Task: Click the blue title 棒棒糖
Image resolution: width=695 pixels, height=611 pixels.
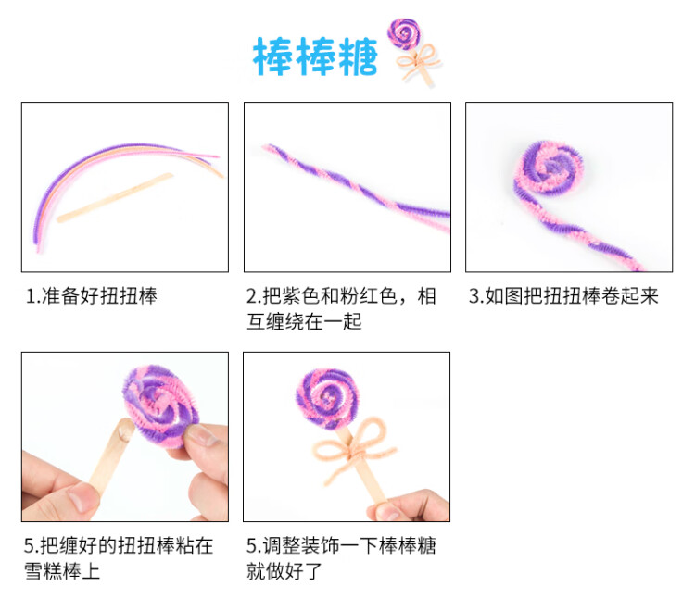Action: coord(315,57)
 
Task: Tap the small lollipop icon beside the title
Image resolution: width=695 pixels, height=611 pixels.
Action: coord(404,34)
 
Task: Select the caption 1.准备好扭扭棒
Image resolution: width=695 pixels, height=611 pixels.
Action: coord(92,296)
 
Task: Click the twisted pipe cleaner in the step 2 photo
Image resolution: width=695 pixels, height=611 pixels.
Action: coord(352,185)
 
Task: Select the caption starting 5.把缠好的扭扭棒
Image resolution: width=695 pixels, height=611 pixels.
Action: coord(119,545)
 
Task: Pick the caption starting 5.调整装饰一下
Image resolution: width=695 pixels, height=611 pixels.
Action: coord(341,545)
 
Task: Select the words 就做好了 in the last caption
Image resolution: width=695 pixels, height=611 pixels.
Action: coord(284,571)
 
